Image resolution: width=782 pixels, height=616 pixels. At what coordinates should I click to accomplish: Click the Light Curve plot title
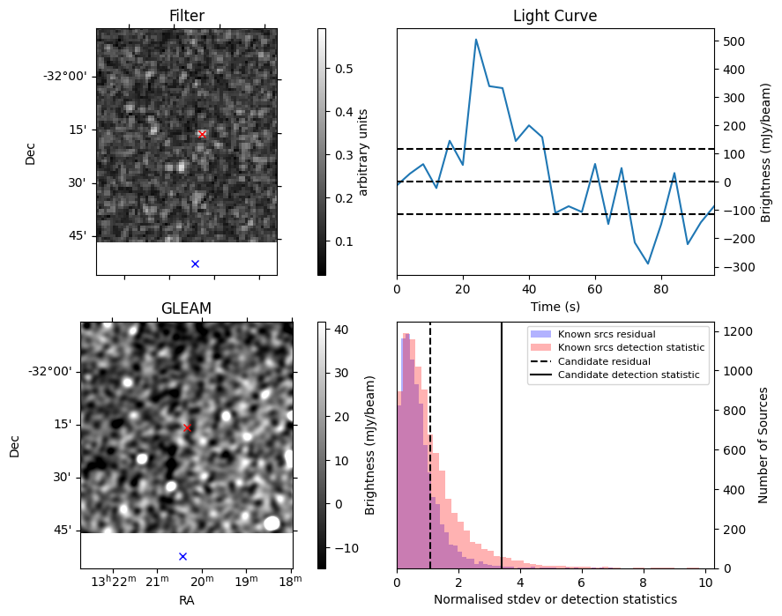point(555,17)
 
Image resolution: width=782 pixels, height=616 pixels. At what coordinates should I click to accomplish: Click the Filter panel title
point(186,17)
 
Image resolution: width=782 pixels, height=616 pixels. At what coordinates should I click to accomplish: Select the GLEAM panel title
point(186,308)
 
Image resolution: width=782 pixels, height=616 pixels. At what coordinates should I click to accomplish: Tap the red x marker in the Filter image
point(202,134)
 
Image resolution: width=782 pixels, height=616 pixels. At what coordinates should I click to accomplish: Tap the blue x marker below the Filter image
point(195,263)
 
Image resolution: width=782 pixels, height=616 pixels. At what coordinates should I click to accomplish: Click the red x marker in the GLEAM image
point(187,427)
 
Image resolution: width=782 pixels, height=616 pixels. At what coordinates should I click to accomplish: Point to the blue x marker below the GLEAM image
point(182,556)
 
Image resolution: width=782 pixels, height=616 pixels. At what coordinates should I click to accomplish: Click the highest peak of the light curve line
point(476,40)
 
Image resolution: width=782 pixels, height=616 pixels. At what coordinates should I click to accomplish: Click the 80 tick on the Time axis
point(661,290)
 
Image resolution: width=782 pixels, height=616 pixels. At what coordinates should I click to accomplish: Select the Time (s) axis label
point(555,306)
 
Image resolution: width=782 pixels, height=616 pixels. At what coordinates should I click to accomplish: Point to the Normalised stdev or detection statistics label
point(555,599)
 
